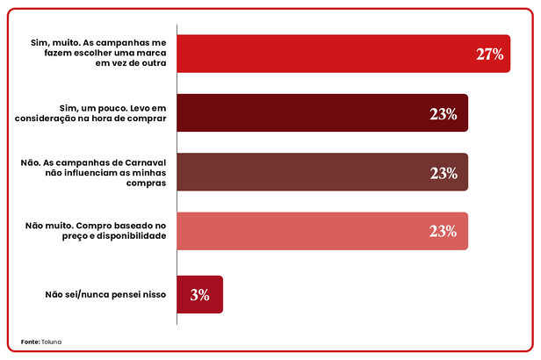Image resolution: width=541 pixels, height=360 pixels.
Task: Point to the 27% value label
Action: point(489,54)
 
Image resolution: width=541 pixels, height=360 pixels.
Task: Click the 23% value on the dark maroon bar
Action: point(444,114)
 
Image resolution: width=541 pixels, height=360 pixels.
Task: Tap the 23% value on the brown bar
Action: point(444,173)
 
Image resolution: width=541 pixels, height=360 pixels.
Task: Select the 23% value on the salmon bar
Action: point(444,232)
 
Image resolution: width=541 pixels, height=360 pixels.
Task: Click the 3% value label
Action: point(199,295)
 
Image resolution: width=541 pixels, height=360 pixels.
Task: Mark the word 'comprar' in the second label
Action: point(145,118)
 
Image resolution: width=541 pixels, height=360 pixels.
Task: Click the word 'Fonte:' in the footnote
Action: point(30,341)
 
